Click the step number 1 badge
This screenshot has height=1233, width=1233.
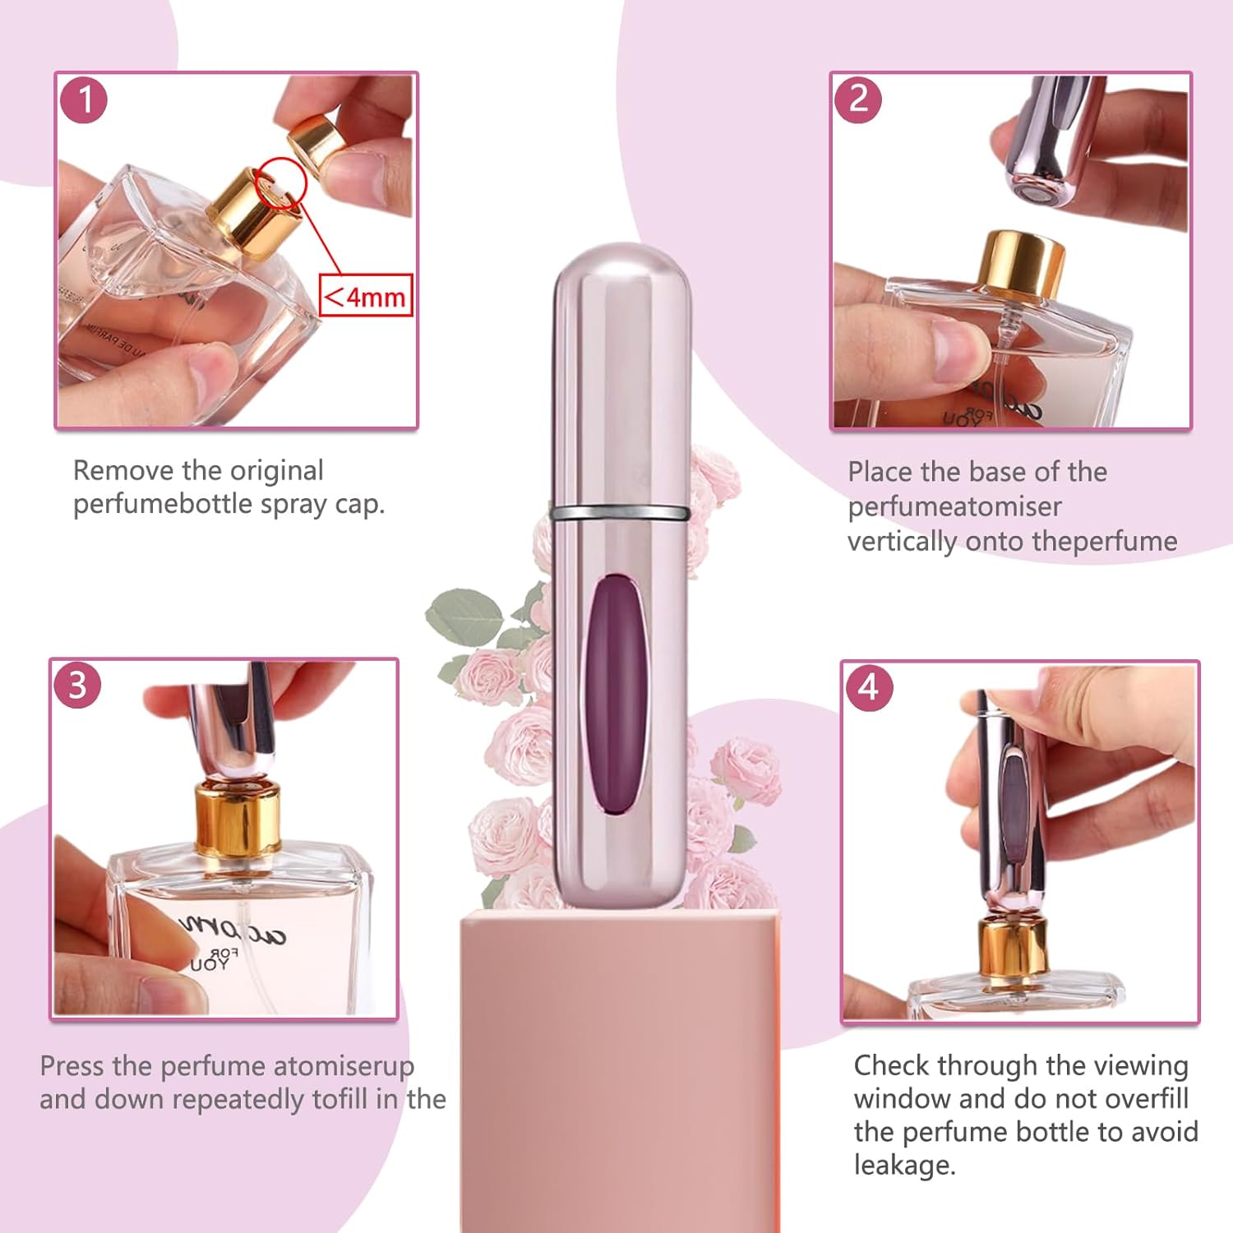pos(84,100)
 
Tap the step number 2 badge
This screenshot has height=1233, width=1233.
pos(858,99)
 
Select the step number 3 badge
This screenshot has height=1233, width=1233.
pos(77,686)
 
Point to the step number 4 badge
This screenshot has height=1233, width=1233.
pos(869,687)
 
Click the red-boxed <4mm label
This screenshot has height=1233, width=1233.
pos(365,295)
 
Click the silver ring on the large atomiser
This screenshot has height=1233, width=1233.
pos(621,513)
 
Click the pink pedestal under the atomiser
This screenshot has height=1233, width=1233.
pos(621,1069)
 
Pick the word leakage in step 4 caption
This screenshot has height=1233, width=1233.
pos(903,1166)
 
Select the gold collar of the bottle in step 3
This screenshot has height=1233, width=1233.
pos(238,817)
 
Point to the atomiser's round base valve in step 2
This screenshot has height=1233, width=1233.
pos(1035,194)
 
